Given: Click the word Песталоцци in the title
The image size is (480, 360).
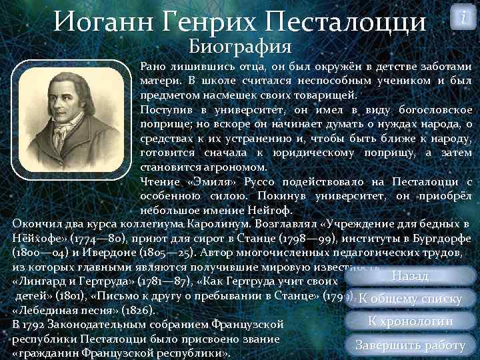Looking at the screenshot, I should coord(345,21).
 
